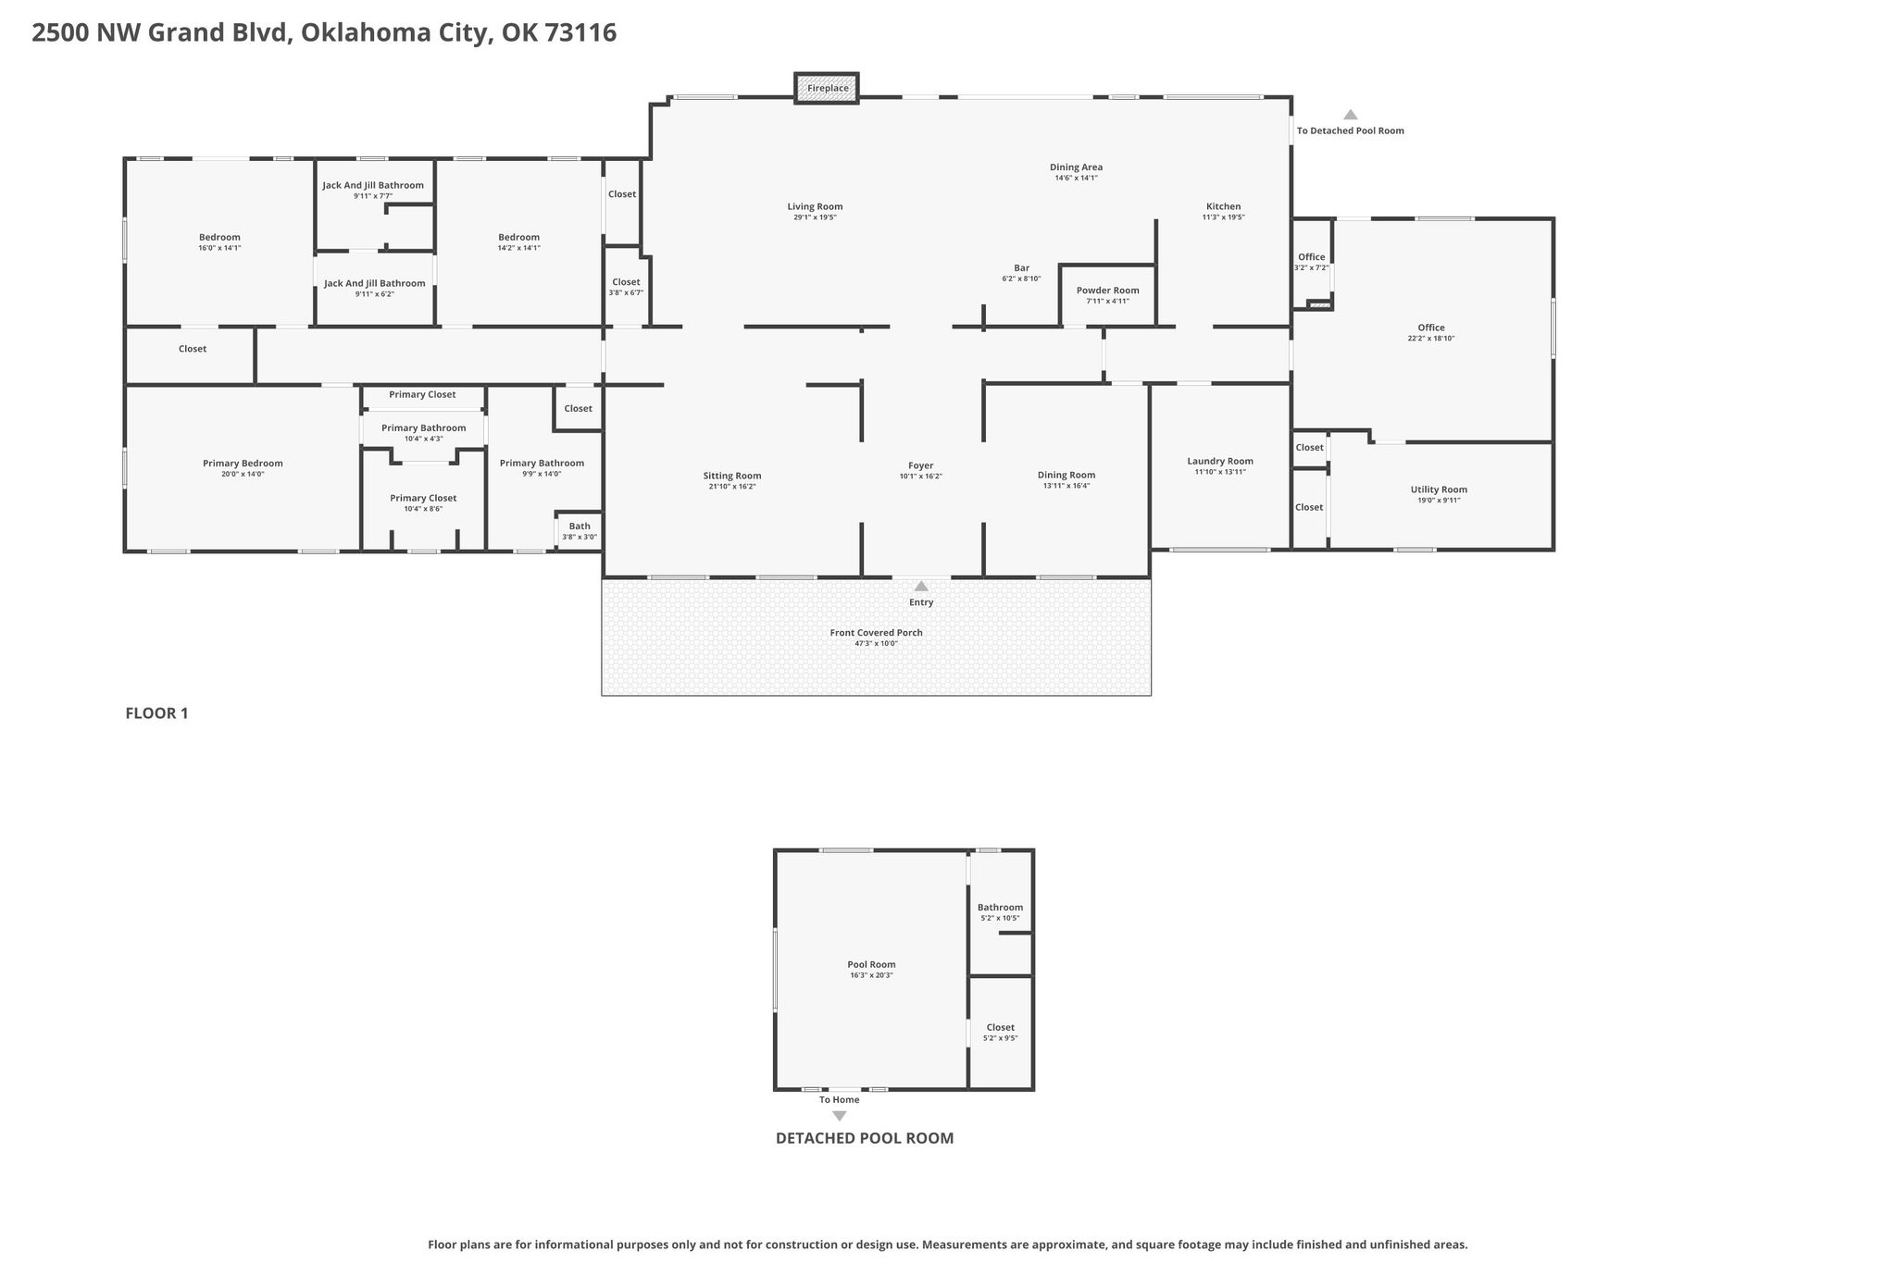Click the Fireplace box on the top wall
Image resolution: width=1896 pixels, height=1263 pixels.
pos(827,87)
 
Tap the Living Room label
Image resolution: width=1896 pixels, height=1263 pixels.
pos(815,206)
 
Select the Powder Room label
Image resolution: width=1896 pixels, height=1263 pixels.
pos(1107,291)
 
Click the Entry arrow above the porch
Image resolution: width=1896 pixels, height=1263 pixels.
pos(921,586)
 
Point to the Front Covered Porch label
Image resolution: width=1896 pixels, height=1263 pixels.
pos(876,633)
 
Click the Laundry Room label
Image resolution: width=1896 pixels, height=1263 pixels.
pos(1220,461)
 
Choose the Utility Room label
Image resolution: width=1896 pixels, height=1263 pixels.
pos(1439,489)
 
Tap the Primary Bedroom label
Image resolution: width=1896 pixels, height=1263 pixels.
pos(243,464)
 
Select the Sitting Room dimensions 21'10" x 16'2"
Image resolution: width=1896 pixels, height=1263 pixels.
pos(732,487)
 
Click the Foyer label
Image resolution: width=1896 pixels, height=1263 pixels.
pos(920,465)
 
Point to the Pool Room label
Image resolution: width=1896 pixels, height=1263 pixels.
pos(871,964)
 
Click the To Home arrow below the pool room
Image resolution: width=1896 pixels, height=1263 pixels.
pos(840,1116)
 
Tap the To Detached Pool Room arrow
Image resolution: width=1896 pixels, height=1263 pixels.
pos(1351,115)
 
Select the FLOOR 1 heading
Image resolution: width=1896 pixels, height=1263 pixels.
pos(156,713)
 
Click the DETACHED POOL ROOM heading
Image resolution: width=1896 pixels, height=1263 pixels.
pos(865,1138)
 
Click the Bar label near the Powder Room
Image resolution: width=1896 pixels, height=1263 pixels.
pos(1021,268)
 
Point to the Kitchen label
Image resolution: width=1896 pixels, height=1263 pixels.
pos(1223,206)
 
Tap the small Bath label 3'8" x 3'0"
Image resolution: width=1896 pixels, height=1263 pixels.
pos(580,526)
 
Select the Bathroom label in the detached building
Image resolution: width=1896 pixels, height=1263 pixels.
pos(1000,908)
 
